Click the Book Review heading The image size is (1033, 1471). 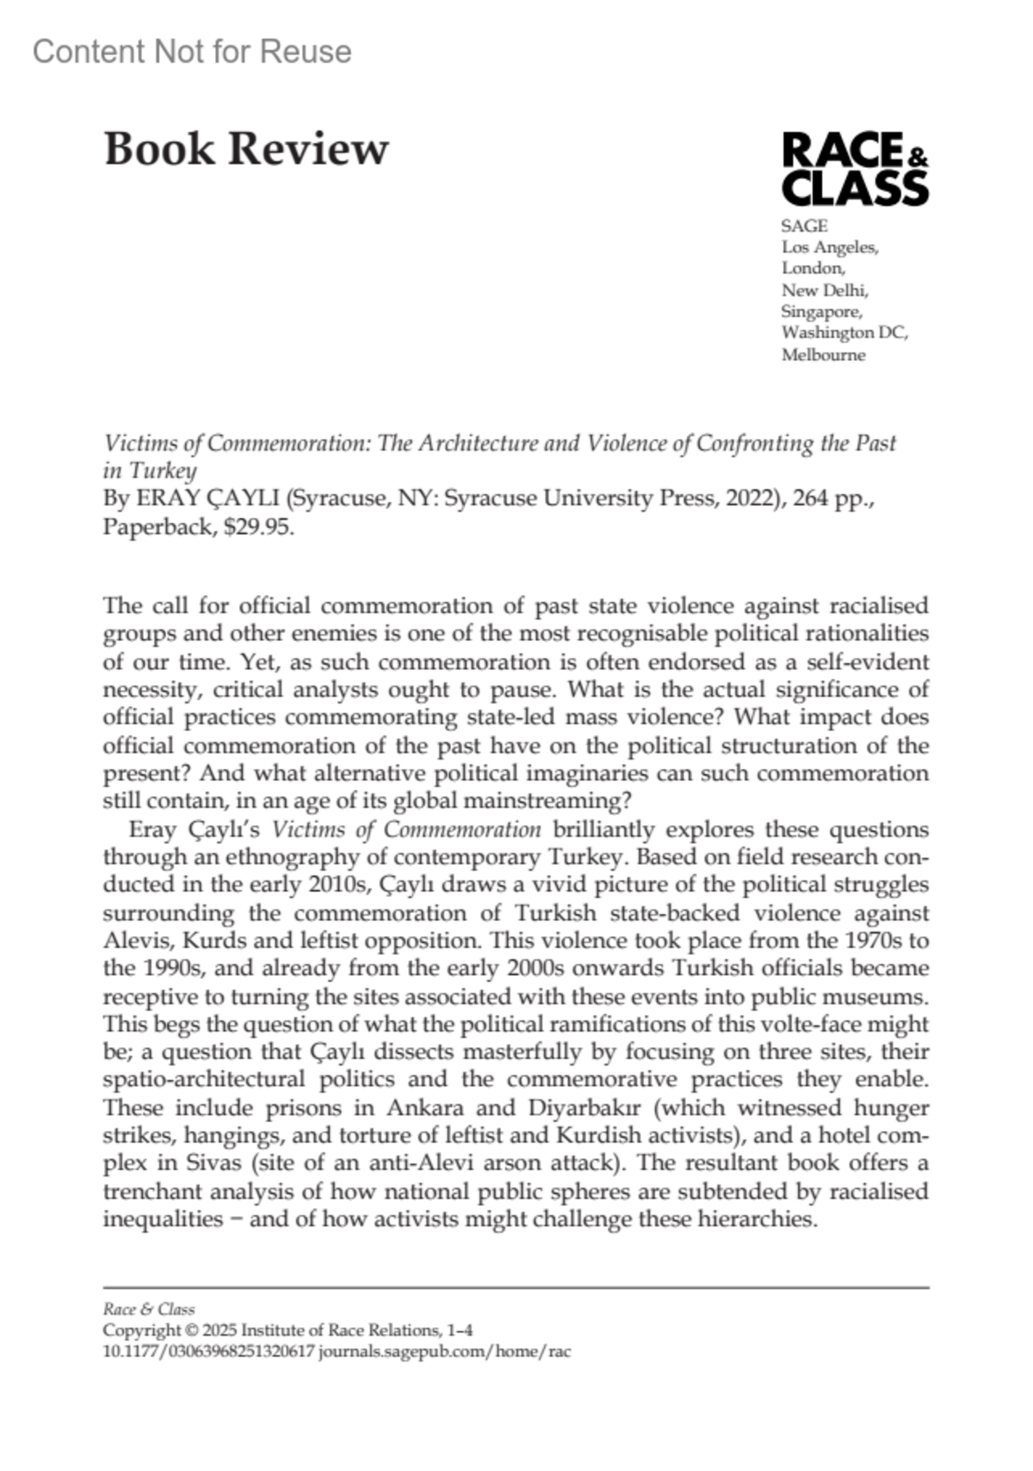246,149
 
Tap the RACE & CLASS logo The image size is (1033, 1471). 854,169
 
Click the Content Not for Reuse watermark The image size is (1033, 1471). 192,52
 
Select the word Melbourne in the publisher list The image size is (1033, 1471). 823,355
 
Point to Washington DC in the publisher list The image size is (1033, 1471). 844,332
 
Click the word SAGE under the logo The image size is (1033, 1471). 804,226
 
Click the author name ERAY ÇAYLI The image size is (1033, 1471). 207,499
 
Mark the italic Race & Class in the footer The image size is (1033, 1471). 149,1309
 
